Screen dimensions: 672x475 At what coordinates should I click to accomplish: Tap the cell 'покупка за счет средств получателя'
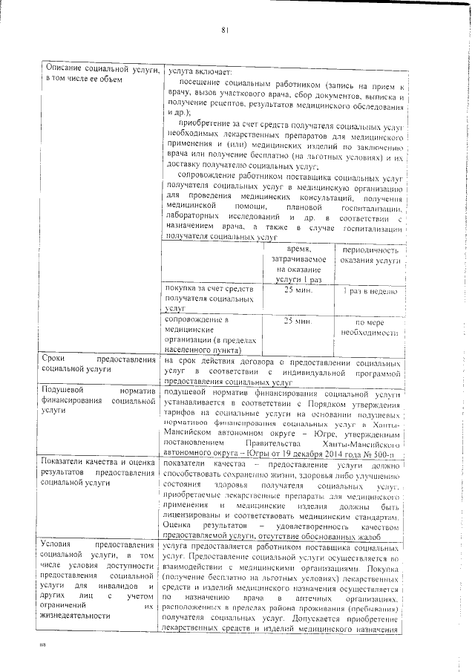209,297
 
